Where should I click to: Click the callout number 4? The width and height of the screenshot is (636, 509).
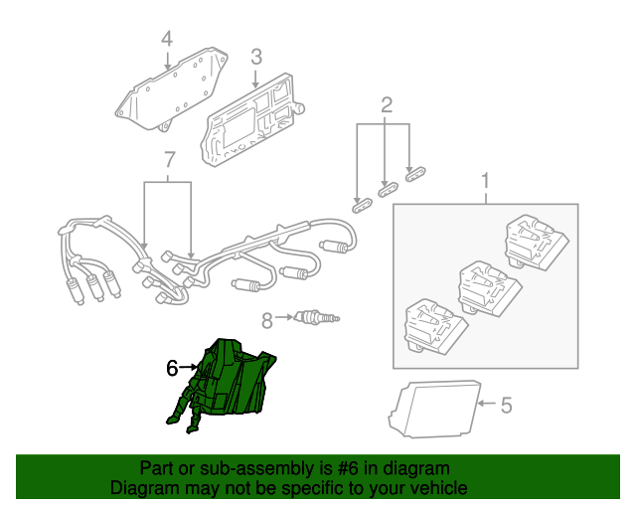pyautogui.click(x=167, y=39)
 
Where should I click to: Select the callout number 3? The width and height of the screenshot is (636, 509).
pyautogui.click(x=255, y=57)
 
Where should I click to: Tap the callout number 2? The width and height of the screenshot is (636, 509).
pyautogui.click(x=387, y=104)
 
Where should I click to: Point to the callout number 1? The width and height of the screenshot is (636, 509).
pyautogui.click(x=486, y=181)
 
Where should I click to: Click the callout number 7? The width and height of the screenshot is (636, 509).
pyautogui.click(x=169, y=159)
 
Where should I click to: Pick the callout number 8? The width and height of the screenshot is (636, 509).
pyautogui.click(x=266, y=319)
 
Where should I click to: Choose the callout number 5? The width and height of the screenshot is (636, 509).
pyautogui.click(x=506, y=404)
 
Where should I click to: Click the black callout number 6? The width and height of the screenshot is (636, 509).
pyautogui.click(x=171, y=368)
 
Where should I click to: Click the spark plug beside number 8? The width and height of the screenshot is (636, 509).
pyautogui.click(x=313, y=318)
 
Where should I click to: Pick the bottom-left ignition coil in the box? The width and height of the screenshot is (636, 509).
pyautogui.click(x=433, y=327)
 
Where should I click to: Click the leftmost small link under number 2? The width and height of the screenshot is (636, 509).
pyautogui.click(x=361, y=205)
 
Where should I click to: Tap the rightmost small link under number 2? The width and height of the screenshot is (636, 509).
pyautogui.click(x=415, y=175)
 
